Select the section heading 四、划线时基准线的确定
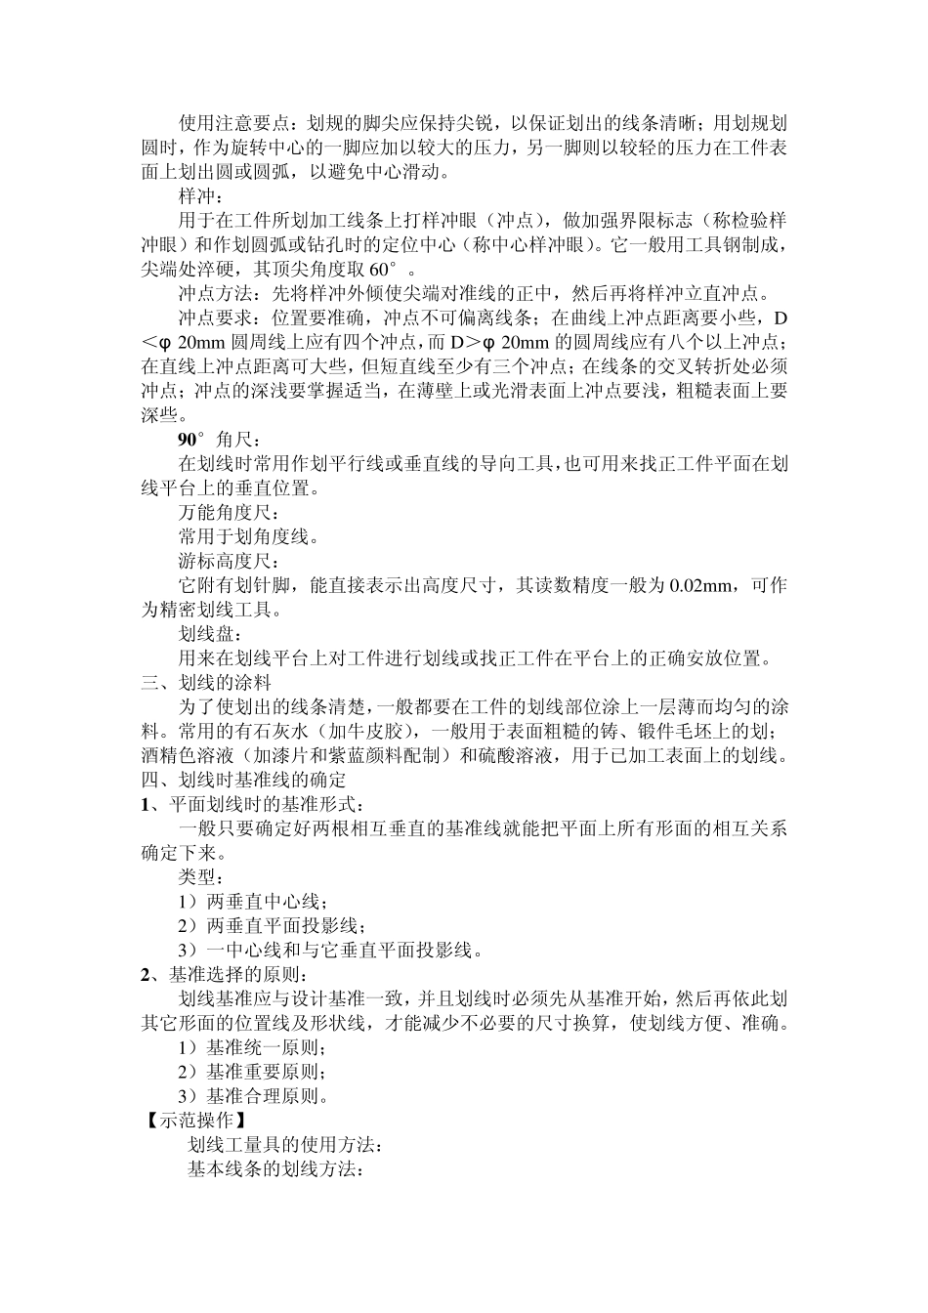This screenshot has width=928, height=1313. (242, 780)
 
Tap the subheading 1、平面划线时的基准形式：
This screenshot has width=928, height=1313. (253, 804)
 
